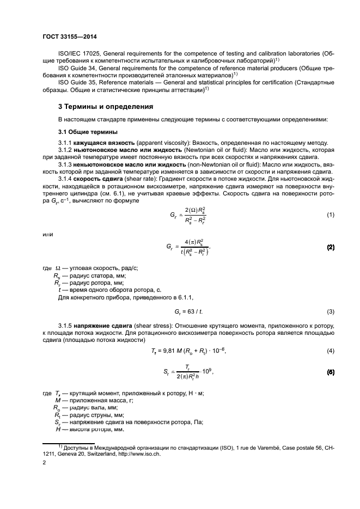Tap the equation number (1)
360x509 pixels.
coord(330,215)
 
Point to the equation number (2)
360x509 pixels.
coord(330,247)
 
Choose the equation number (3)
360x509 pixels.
coord(330,311)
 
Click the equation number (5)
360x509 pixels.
coord(330,372)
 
